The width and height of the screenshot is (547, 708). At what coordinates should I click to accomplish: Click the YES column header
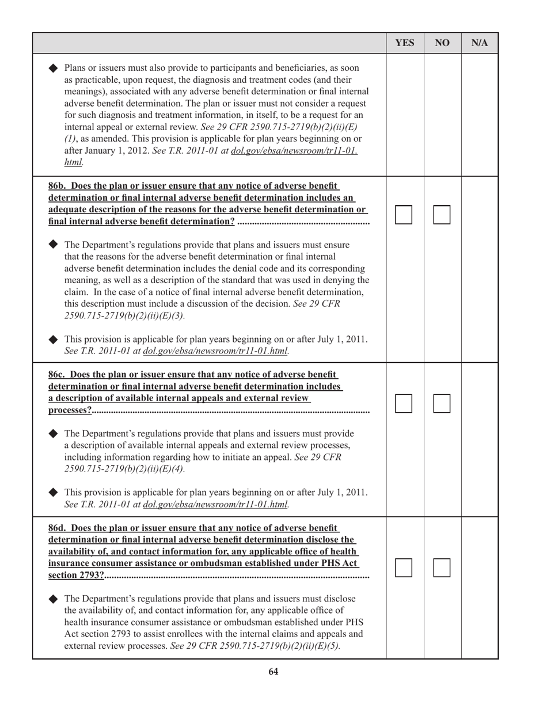tap(405, 43)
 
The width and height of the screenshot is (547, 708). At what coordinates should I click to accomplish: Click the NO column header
tap(442, 43)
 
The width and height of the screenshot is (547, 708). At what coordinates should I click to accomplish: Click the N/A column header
tap(479, 43)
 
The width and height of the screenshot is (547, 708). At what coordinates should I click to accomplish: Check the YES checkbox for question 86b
tap(404, 215)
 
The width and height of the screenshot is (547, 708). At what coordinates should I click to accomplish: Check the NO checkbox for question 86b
tap(441, 215)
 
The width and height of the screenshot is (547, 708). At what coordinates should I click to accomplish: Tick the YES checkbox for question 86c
tap(404, 404)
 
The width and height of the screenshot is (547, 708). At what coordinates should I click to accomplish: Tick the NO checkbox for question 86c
tap(441, 404)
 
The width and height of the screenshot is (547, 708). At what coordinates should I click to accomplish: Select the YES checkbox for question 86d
tap(404, 568)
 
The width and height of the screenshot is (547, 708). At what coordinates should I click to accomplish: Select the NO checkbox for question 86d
tap(441, 568)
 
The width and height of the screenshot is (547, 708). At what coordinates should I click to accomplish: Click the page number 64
tap(273, 671)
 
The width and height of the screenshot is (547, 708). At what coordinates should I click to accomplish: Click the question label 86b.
tap(58, 186)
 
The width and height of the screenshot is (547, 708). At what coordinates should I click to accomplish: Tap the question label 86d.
tap(58, 528)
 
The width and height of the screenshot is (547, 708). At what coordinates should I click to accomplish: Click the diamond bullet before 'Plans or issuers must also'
tap(54, 67)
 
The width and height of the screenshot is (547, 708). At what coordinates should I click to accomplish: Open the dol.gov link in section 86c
tap(215, 505)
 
